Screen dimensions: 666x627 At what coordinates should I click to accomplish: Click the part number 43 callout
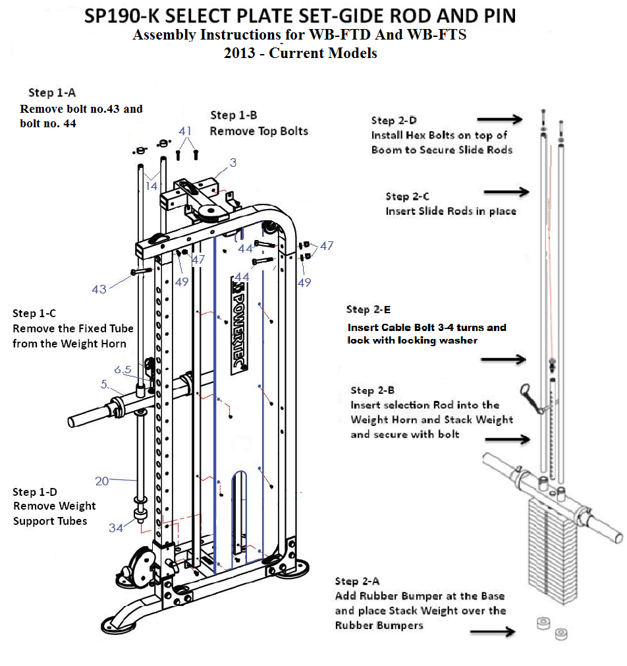(99, 289)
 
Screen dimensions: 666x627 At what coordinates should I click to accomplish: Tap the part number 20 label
(101, 481)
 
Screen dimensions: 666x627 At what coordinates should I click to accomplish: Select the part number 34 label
(116, 528)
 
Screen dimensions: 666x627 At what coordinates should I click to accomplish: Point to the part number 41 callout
(186, 131)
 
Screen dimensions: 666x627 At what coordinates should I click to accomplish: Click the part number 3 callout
(232, 162)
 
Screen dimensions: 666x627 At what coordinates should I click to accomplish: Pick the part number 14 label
(151, 187)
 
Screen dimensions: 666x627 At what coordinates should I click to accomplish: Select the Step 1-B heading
(231, 115)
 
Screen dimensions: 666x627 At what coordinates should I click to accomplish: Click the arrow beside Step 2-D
(499, 119)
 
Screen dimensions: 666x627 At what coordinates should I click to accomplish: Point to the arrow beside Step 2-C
(506, 192)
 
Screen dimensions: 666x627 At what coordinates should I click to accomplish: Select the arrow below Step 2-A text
(493, 632)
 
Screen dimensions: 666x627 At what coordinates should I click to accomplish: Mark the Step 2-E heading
(368, 309)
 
